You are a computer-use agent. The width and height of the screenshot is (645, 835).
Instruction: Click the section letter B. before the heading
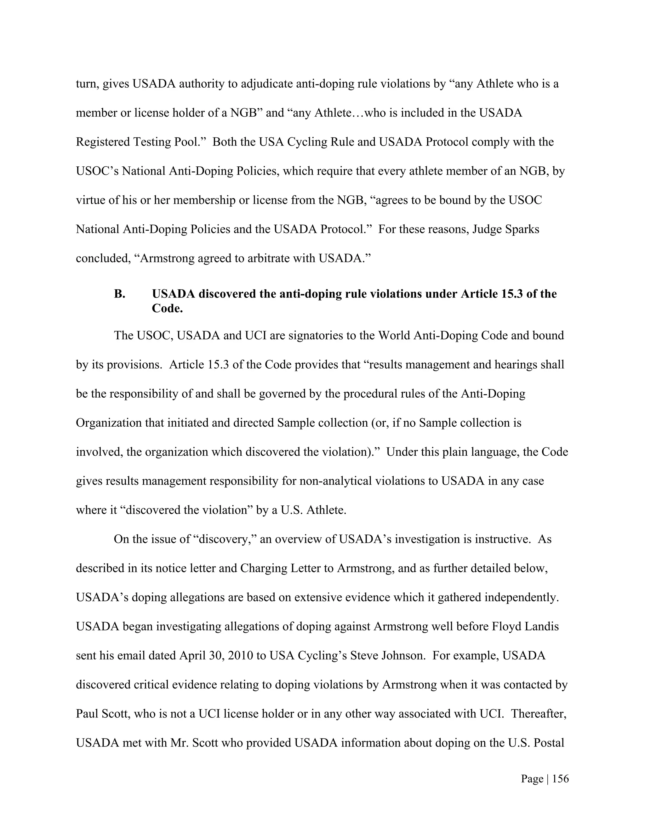120,294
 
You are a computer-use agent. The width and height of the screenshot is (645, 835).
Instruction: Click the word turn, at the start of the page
88,84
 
